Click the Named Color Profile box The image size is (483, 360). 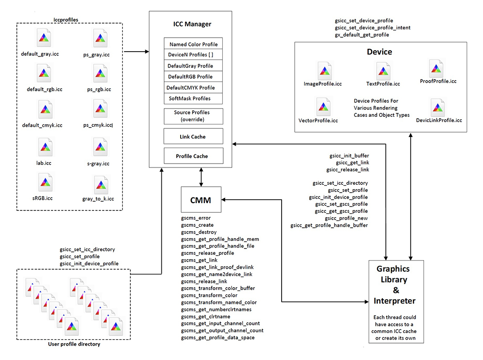click(194, 44)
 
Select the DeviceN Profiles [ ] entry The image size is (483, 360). click(194, 55)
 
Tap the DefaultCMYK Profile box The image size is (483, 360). click(194, 87)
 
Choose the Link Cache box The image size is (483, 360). click(194, 137)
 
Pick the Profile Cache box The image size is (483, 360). click(194, 156)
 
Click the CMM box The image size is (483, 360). click(200, 199)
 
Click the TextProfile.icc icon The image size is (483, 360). click(383, 71)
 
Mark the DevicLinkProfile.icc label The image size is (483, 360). click(439, 120)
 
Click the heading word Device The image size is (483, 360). click(380, 52)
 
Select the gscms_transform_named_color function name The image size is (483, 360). click(215, 302)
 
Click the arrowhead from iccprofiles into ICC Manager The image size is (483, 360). click(146, 50)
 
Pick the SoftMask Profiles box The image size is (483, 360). click(194, 98)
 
